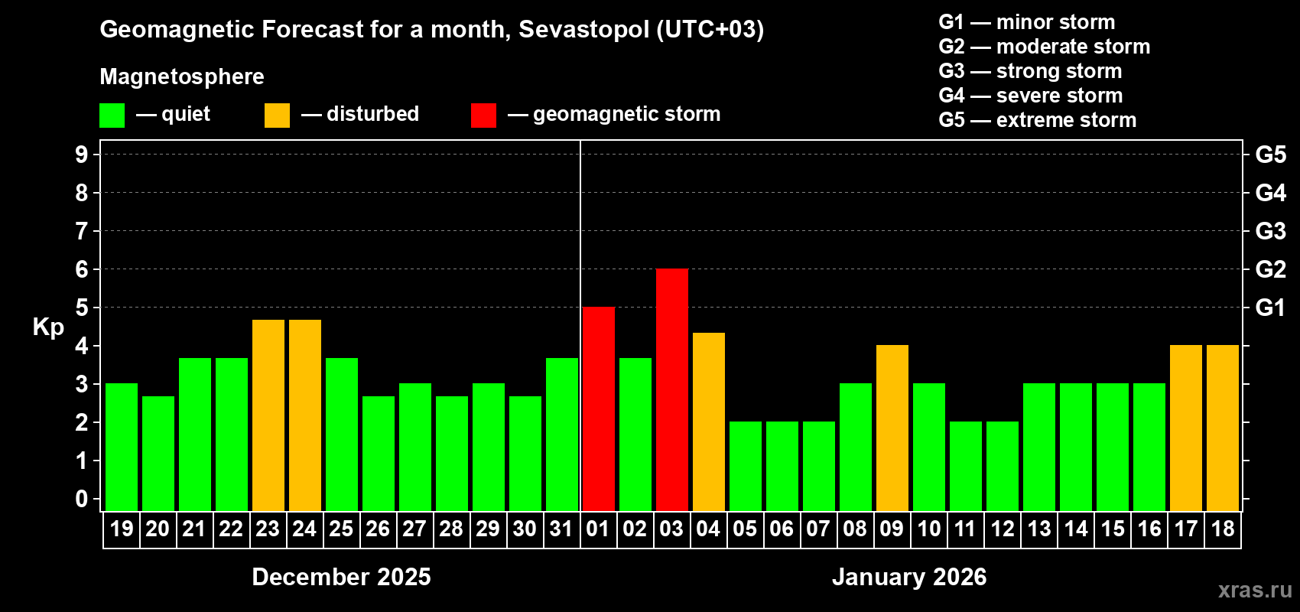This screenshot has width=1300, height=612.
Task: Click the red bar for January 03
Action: pyautogui.click(x=672, y=389)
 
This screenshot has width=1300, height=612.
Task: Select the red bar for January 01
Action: pyautogui.click(x=599, y=409)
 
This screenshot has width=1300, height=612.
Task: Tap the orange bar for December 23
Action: pyautogui.click(x=268, y=415)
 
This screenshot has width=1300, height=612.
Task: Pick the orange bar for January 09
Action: pyautogui.click(x=892, y=428)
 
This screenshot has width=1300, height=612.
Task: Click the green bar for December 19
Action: pyautogui.click(x=122, y=447)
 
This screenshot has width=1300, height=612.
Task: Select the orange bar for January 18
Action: pyautogui.click(x=1223, y=428)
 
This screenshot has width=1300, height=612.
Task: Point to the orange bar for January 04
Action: pyautogui.click(x=709, y=422)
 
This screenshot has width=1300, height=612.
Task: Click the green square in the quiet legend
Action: pyautogui.click(x=112, y=116)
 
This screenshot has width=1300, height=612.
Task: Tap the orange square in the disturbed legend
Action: pyautogui.click(x=277, y=116)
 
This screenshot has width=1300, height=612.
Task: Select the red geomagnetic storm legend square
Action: pyautogui.click(x=483, y=116)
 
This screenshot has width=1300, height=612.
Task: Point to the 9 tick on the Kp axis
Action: pyautogui.click(x=82, y=155)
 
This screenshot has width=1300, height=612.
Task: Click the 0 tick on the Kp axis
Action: pyautogui.click(x=82, y=499)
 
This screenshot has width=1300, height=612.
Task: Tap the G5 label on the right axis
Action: pyautogui.click(x=1270, y=155)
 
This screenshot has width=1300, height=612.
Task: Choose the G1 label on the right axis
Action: pyautogui.click(x=1270, y=308)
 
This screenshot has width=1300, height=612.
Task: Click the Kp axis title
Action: pyautogui.click(x=48, y=327)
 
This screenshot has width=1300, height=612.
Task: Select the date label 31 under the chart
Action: pyautogui.click(x=561, y=529)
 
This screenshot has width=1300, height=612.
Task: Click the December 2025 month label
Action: pyautogui.click(x=341, y=577)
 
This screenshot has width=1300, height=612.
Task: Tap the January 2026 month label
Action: pyautogui.click(x=908, y=577)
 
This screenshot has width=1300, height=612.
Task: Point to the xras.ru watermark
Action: pyautogui.click(x=1255, y=590)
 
